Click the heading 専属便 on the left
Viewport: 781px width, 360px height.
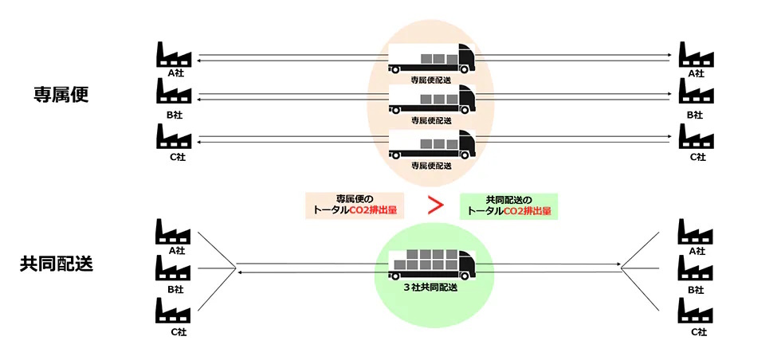pos(61,94)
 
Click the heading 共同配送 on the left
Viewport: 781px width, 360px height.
pos(57,264)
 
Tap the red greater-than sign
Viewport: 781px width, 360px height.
pos(435,205)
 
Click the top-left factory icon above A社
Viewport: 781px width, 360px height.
pos(175,54)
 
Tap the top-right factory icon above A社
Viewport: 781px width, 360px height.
pos(696,54)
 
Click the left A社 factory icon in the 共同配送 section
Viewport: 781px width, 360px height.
pos(173,232)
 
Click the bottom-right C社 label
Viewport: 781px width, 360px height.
pos(698,332)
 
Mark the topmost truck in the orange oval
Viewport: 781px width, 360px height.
pos(432,59)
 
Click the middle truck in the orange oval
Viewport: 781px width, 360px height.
pos(432,100)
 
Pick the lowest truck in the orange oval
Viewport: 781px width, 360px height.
pos(432,145)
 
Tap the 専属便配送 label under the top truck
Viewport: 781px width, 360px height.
pos(431,80)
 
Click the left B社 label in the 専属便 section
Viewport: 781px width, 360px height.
pos(175,115)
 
